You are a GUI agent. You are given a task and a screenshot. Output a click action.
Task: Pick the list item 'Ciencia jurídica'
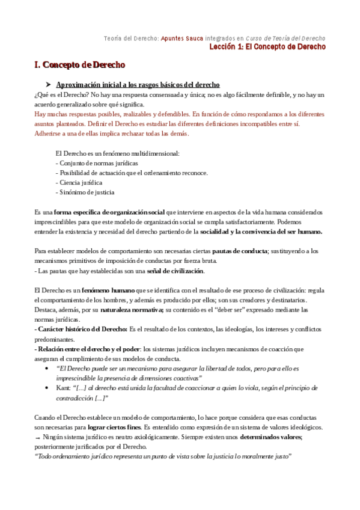pyautogui.click(x=81, y=182)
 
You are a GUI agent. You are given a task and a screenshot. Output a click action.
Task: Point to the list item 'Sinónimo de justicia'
pyautogui.click(x=87, y=192)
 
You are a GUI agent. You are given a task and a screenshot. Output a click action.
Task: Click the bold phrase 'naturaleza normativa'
pyautogui.click(x=132, y=310)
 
